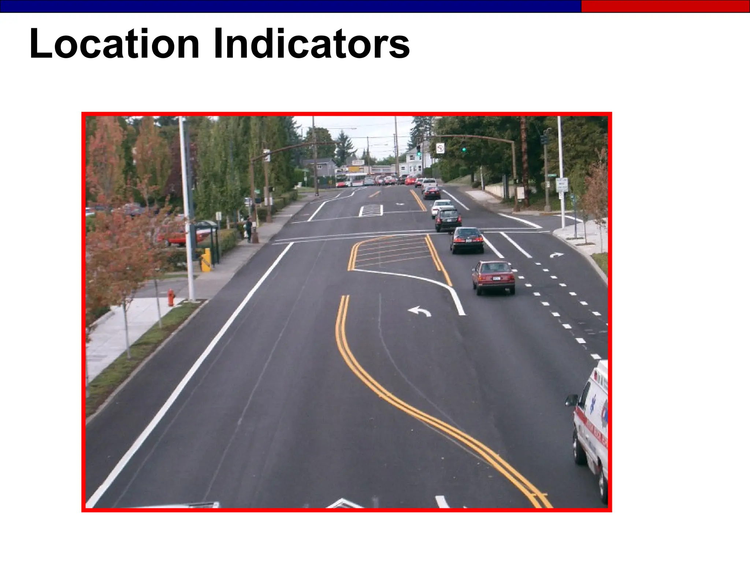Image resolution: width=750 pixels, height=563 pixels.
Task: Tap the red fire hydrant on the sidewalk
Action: coord(171,297)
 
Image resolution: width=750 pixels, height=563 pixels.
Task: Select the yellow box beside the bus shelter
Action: coord(206,260)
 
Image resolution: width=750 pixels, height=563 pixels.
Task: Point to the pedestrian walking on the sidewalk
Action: coord(249,229)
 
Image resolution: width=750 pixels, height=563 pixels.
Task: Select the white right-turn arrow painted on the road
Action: coord(556,255)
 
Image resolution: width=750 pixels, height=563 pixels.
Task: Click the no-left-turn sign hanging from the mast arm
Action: coord(440,148)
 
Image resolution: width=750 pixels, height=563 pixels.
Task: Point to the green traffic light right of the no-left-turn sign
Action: coord(464,150)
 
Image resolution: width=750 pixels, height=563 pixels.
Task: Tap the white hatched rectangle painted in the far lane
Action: coord(371,210)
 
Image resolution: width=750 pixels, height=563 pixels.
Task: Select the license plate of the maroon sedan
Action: coord(497,279)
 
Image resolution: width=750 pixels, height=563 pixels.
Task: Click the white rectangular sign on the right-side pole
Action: coord(561,185)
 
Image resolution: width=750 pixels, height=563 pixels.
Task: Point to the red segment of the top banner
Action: coord(665,6)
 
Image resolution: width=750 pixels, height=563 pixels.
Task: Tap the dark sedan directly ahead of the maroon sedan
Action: coord(467,240)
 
